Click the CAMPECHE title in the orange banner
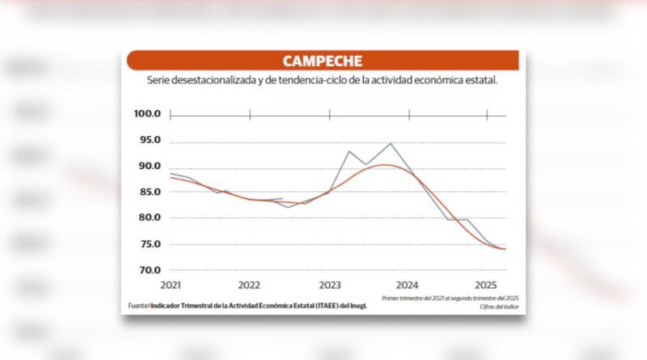[x=322, y=61]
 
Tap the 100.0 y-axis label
[x=148, y=114]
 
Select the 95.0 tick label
[x=149, y=141]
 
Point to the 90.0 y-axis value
[x=149, y=167]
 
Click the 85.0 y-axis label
[x=149, y=193]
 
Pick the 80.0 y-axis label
[x=149, y=218]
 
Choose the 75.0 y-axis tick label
[x=149, y=244]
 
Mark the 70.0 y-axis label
[x=149, y=270]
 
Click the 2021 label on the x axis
[x=171, y=286]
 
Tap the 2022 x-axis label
[x=249, y=286]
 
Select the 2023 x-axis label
[x=329, y=286]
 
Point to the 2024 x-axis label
[x=408, y=286]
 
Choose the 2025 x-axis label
[x=486, y=286]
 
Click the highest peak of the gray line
[x=391, y=143]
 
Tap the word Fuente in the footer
[x=137, y=306]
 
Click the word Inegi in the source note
[x=355, y=306]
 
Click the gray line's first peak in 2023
[x=349, y=151]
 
